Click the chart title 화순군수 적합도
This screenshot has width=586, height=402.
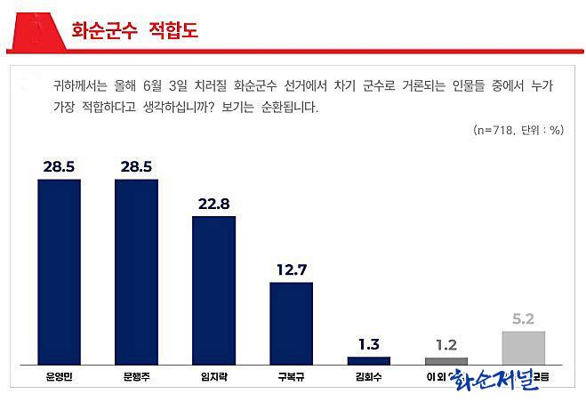134,30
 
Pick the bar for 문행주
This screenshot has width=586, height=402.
136,271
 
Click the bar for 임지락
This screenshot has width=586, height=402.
213,290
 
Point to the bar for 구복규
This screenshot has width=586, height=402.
291,323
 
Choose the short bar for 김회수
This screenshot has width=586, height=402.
368,360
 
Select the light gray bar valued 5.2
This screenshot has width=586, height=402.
524,347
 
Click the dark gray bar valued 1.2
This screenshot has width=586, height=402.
446,360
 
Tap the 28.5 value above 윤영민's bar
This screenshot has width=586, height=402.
60,166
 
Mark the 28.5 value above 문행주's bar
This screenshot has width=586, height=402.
136,166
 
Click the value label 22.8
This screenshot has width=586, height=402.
213,204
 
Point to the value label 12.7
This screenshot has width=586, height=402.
291,269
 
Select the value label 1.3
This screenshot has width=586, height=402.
368,344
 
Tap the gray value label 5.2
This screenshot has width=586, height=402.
524,318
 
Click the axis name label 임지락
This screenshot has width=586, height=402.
213,377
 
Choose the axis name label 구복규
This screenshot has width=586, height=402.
291,377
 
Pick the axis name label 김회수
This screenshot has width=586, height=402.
368,377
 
